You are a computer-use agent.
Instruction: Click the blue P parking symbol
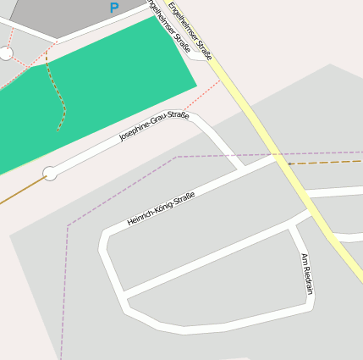pos(114,8)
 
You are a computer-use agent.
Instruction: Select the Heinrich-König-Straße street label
pos(161,209)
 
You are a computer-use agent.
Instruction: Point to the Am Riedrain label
pos(307,273)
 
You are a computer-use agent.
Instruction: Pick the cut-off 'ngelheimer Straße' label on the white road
pos(168,25)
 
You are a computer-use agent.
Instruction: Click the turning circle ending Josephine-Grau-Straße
pos(50,173)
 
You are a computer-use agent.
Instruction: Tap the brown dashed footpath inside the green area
pos(61,97)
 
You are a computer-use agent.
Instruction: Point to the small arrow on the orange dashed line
pos(291,163)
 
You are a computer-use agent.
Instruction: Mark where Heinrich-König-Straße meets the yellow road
pos(278,158)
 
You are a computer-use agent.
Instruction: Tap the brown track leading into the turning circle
pos(21,191)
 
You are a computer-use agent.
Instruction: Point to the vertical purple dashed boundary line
pos(63,296)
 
